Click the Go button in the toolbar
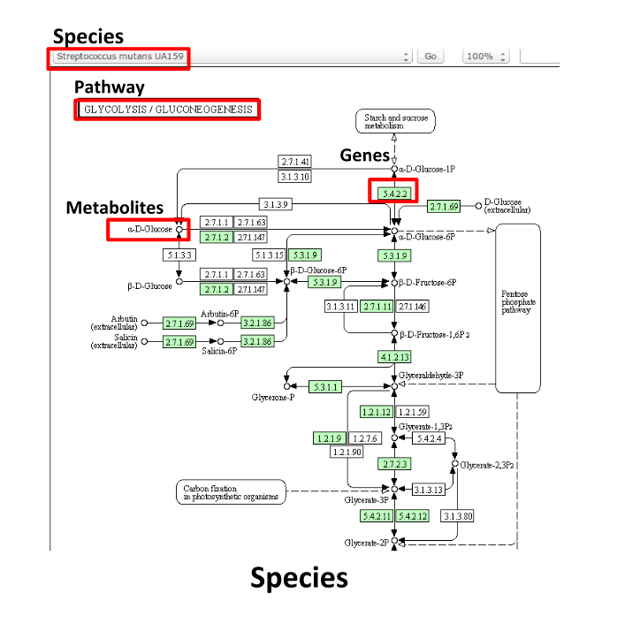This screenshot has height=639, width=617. coord(430,56)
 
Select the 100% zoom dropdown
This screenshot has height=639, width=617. coord(485,56)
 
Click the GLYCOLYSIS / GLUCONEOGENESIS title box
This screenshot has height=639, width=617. coord(167,110)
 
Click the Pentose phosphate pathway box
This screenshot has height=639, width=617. coord(517,308)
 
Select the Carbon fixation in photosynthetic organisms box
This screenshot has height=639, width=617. coord(230,492)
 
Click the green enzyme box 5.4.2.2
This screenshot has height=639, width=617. coord(392,192)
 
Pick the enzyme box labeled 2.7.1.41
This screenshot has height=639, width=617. coord(295,162)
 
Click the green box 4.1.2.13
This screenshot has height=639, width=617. coord(392,358)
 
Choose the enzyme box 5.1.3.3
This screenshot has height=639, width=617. coord(179,255)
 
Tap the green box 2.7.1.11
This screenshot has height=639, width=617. coord(377,306)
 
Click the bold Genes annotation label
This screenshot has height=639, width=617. coord(365,156)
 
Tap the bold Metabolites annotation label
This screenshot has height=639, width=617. coord(115,208)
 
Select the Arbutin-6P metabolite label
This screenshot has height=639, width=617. coord(220,314)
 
